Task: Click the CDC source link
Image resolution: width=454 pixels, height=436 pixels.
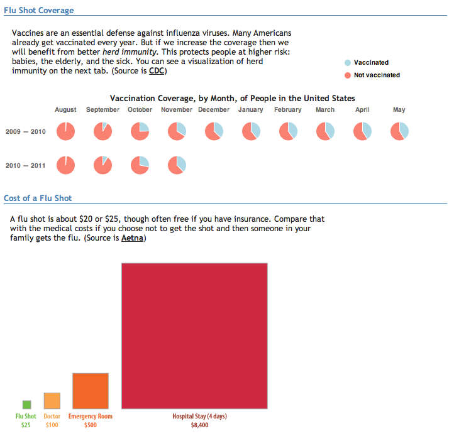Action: point(157,71)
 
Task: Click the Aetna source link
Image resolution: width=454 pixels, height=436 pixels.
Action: point(132,238)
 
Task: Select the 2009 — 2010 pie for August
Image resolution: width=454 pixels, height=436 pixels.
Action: point(66,131)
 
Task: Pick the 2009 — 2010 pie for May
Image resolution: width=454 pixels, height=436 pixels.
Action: point(399,131)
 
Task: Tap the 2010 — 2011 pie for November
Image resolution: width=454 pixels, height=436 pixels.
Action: point(177,165)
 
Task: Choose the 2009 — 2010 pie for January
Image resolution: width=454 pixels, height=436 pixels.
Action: point(251,131)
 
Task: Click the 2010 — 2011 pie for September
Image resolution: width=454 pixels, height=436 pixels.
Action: point(103,165)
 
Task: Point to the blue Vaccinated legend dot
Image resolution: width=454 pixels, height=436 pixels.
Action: point(348,63)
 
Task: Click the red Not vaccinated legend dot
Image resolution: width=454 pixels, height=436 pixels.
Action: point(348,75)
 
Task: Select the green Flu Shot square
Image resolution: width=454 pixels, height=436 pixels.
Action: point(26,405)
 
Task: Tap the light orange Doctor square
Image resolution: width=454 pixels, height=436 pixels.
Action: point(52,401)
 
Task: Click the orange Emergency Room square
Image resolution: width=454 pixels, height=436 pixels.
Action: point(91,391)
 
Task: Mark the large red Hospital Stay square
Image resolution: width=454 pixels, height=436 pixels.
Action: point(194,335)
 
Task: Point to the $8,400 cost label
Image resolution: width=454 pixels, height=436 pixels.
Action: point(199,425)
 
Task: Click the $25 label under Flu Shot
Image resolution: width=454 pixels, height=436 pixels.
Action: point(26,425)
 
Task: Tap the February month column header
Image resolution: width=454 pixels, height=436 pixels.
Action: point(288,110)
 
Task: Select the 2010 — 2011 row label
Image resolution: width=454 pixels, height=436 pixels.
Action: point(25,165)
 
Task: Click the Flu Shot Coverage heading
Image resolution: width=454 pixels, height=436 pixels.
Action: point(38,11)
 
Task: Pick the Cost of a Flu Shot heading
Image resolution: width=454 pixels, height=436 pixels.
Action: point(38,199)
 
